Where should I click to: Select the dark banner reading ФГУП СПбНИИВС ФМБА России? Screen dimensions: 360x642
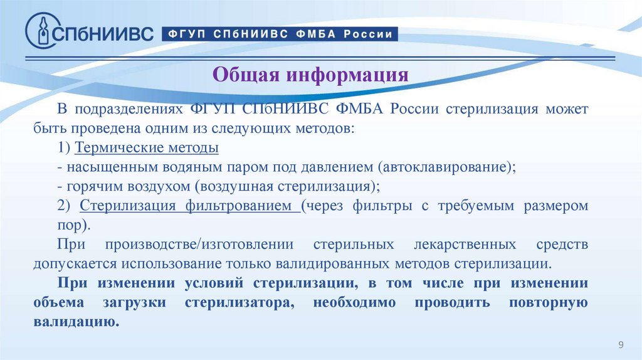pos(280,34)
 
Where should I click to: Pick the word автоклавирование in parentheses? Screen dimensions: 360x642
pos(445,167)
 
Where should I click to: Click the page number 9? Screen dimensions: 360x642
pos(621,345)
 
